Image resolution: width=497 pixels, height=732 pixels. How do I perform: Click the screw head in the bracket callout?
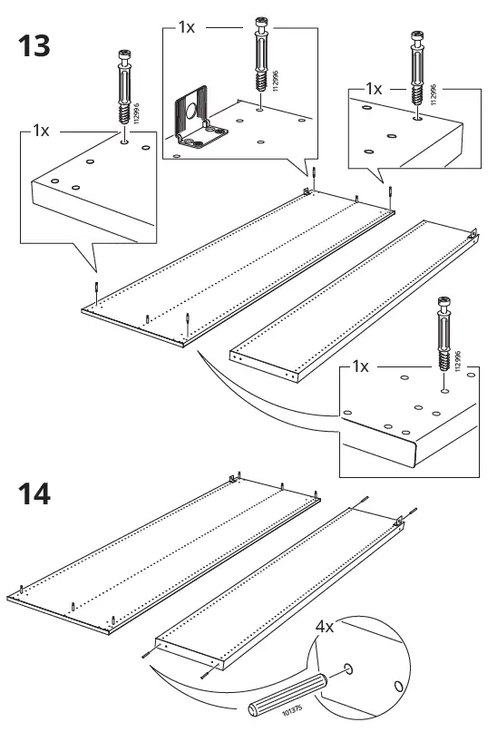[258, 24]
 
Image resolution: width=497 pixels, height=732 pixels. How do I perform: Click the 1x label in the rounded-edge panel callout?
[359, 366]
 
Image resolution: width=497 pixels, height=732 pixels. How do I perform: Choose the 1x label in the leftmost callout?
[41, 131]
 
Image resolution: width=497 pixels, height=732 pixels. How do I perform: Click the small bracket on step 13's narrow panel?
[473, 233]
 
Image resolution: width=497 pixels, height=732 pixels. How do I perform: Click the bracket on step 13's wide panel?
[307, 191]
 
